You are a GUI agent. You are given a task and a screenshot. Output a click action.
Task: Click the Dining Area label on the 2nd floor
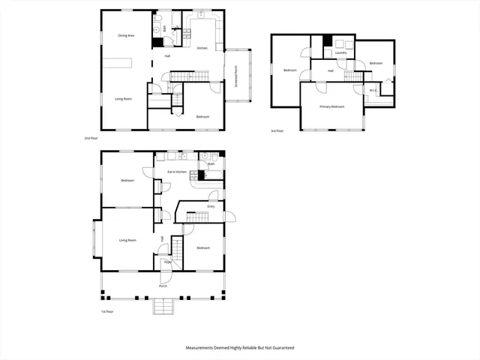[126, 35]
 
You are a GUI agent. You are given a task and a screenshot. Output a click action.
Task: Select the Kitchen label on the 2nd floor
[202, 49]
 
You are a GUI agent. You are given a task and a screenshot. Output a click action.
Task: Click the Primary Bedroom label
[331, 106]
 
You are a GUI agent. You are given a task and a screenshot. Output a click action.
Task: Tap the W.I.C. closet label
[373, 91]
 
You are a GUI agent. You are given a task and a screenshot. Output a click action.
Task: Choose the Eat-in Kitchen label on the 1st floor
[176, 172]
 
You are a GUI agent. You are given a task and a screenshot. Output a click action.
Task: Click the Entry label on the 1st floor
[211, 206]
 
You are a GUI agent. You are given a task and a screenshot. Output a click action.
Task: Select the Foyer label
[168, 262]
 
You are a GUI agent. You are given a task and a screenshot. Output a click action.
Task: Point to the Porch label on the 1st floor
[163, 286]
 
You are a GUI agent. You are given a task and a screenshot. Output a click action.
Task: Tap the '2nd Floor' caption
[91, 139]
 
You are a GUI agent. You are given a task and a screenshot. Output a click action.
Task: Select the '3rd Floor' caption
[277, 131]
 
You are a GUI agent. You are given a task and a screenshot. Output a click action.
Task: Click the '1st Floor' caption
[108, 311]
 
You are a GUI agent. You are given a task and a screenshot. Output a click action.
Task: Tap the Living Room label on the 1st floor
[127, 240]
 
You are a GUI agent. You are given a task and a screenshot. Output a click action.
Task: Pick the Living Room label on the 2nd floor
[124, 98]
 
